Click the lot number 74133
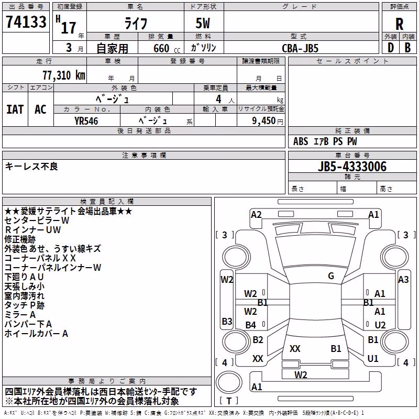point(26,22)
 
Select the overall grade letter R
point(399,24)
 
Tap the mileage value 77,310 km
point(64,75)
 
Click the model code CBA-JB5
point(300,48)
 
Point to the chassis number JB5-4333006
point(352,167)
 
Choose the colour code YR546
point(86,121)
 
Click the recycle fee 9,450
point(264,121)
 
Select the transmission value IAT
point(15,109)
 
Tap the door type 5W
point(203,23)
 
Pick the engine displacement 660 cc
point(167,48)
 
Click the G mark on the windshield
point(331,276)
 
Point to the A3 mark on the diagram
point(403,280)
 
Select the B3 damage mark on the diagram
point(227,321)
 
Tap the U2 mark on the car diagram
point(380,325)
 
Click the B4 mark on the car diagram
point(251,325)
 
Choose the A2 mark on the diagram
point(256,215)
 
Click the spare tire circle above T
point(229,382)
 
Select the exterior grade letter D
point(391,48)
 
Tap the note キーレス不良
point(31,167)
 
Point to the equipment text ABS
point(301,141)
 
